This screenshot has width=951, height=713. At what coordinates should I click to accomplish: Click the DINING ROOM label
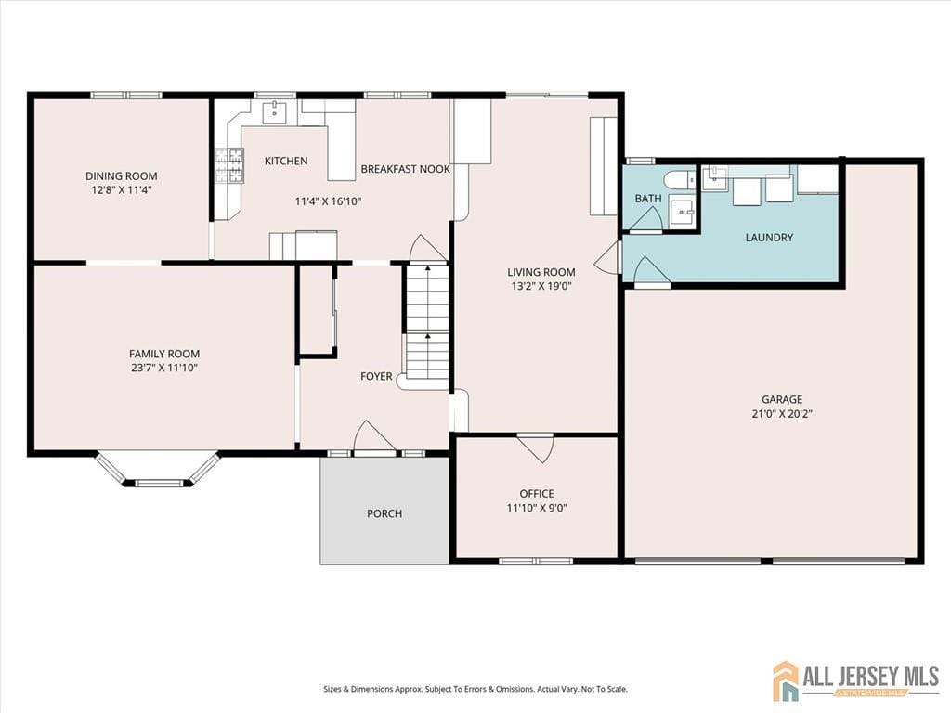pyautogui.click(x=122, y=175)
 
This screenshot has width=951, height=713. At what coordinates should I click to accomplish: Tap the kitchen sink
pyautogui.click(x=274, y=112)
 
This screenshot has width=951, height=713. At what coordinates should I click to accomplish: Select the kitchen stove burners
pyautogui.click(x=229, y=165)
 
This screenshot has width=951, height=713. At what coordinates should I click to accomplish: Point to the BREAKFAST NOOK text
pyautogui.click(x=405, y=169)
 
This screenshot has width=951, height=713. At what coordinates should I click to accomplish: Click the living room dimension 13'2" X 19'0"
pyautogui.click(x=541, y=286)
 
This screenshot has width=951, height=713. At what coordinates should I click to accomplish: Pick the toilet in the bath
pyautogui.click(x=679, y=180)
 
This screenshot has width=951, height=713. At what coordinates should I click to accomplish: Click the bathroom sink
pyautogui.click(x=683, y=212)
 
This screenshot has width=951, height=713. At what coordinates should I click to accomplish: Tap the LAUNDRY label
pyautogui.click(x=769, y=238)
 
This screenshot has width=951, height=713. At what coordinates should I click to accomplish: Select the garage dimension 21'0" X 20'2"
pyautogui.click(x=782, y=414)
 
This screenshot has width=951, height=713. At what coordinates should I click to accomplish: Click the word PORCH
pyautogui.click(x=384, y=513)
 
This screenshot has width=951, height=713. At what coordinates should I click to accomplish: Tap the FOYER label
pyautogui.click(x=376, y=377)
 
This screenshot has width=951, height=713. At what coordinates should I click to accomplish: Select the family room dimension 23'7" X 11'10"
pyautogui.click(x=164, y=368)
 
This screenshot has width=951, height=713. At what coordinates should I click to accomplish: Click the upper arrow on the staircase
pyautogui.click(x=427, y=266)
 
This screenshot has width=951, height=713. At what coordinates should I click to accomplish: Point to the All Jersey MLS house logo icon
pyautogui.click(x=786, y=681)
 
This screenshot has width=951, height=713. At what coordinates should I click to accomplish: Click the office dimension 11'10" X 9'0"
pyautogui.click(x=537, y=508)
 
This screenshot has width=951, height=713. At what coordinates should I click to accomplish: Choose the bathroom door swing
pyautogui.click(x=646, y=219)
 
